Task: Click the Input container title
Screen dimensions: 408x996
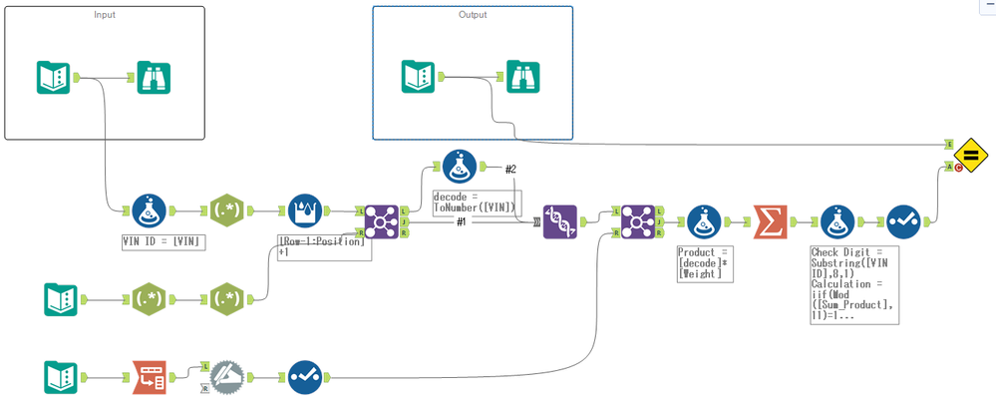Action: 105,15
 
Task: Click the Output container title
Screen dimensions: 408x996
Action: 473,15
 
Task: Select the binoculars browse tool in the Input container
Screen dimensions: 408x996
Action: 154,78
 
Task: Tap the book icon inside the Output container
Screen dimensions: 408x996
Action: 418,77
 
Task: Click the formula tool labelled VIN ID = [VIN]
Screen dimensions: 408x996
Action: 149,211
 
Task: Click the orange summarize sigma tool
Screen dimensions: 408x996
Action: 769,220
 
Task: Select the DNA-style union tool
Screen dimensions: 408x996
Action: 559,221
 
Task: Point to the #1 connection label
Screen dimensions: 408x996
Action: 462,221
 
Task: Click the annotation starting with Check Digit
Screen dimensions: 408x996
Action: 854,284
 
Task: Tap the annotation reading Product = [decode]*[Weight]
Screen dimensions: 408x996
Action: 704,263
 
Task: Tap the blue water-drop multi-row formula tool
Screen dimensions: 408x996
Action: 305,211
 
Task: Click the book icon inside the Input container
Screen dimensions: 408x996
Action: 53,78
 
